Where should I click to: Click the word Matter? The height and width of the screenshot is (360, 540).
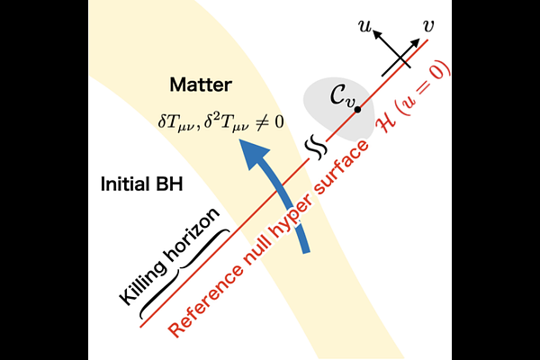pyautogui.click(x=201, y=85)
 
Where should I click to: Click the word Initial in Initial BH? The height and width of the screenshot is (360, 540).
pyautogui.click(x=125, y=184)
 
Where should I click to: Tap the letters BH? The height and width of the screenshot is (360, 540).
pyautogui.click(x=169, y=184)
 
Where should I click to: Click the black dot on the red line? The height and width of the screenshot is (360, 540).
pyautogui.click(x=358, y=110)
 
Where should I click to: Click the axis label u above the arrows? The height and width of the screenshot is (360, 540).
pyautogui.click(x=364, y=26)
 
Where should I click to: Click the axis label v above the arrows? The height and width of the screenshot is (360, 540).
pyautogui.click(x=427, y=26)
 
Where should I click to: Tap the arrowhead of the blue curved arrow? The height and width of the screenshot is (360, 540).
pyautogui.click(x=254, y=153)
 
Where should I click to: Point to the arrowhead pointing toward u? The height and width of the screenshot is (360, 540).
pyautogui.click(x=378, y=35)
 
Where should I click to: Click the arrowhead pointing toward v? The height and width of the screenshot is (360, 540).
pyautogui.click(x=415, y=43)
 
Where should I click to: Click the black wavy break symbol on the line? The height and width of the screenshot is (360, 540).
pyautogui.click(x=316, y=147)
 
